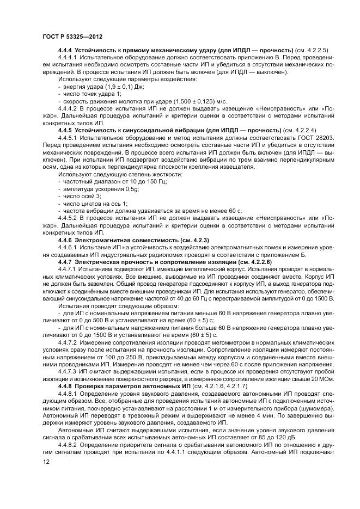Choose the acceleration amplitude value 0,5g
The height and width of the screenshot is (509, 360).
click(132, 188)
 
